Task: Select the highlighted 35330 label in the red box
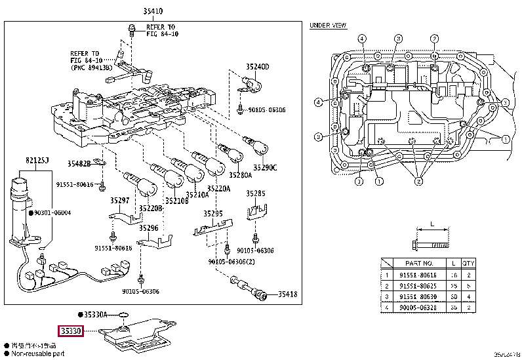click(x=70, y=332)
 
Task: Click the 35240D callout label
click(x=257, y=67)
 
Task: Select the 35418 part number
click(x=287, y=294)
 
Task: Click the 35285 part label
click(x=255, y=194)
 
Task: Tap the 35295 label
click(x=213, y=213)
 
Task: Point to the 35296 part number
click(x=148, y=228)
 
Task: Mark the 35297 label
click(x=120, y=201)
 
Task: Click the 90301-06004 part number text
click(x=53, y=212)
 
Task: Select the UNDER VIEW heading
click(x=328, y=26)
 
